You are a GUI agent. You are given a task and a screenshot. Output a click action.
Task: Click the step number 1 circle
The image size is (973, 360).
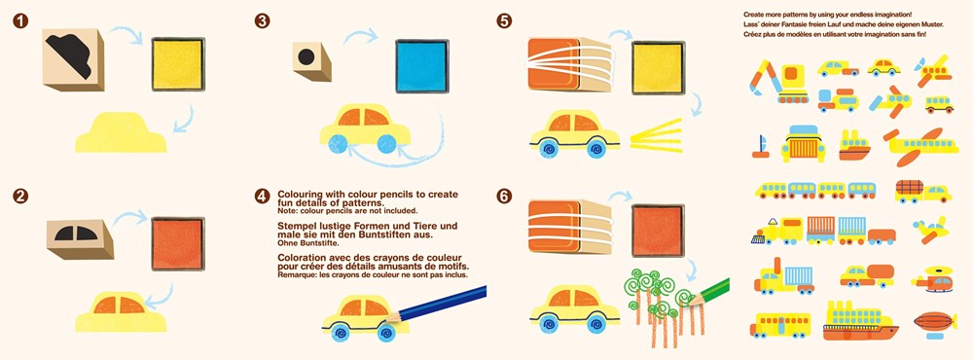tap(20, 21)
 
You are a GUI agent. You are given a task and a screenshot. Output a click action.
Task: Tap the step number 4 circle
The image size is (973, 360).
tap(262, 197)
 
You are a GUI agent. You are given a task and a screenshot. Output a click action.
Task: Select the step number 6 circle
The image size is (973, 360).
tap(504, 197)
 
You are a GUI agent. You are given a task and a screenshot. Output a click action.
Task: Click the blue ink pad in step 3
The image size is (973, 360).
tap(422, 66)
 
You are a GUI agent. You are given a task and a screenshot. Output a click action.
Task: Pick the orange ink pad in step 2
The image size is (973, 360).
tap(177, 243)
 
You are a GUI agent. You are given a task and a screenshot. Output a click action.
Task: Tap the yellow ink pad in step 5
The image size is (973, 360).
tap(659, 68)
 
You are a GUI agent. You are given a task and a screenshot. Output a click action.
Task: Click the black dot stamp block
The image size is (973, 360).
tap(312, 61)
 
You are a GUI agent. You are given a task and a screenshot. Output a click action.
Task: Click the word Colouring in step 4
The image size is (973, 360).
tap(302, 195)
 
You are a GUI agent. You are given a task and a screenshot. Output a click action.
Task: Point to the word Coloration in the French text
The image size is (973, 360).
tap(304, 256)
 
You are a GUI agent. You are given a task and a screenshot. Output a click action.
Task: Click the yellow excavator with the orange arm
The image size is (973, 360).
tap(778, 81)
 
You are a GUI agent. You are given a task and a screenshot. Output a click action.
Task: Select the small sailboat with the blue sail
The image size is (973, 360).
tap(761, 147)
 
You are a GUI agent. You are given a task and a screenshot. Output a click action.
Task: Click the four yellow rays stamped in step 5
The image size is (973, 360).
tap(656, 135)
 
